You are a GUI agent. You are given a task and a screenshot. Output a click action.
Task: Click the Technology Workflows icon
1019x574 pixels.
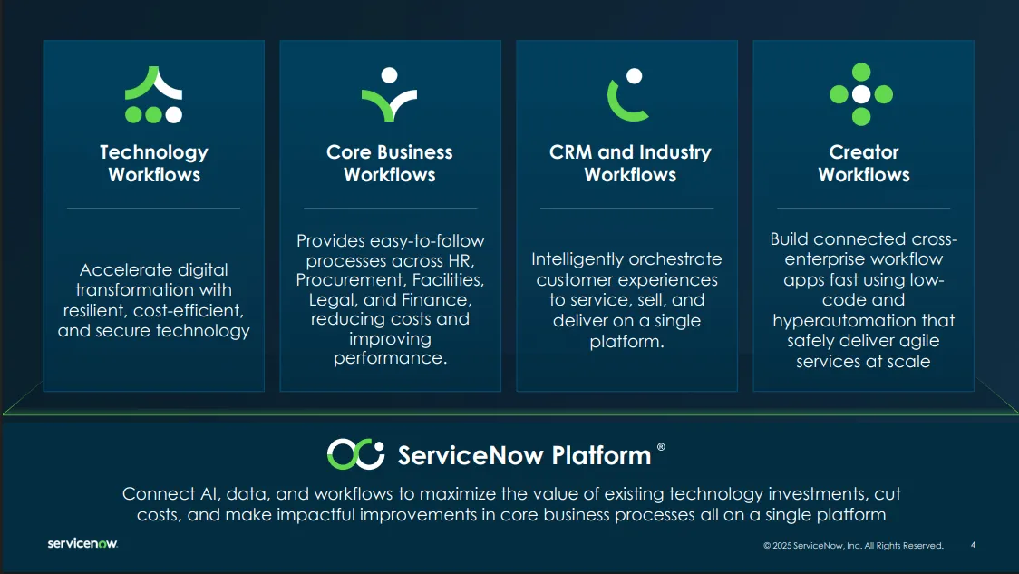tap(153, 94)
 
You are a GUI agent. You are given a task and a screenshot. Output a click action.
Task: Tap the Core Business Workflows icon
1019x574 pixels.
tap(389, 94)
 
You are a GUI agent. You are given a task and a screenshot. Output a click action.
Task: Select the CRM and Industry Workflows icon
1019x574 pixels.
tap(626, 95)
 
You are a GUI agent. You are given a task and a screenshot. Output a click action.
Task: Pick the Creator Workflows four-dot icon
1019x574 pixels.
tap(861, 94)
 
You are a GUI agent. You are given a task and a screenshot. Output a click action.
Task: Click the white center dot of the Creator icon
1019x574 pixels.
tap(861, 94)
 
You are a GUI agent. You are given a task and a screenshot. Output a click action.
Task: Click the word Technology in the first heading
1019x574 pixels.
tap(154, 152)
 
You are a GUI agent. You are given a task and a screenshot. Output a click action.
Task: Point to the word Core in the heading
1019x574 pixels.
tap(348, 152)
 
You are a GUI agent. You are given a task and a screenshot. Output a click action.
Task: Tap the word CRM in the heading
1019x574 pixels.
tap(570, 152)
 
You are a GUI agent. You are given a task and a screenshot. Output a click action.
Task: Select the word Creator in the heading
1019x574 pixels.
tap(864, 152)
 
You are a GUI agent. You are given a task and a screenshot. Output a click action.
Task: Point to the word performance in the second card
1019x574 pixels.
tap(390, 358)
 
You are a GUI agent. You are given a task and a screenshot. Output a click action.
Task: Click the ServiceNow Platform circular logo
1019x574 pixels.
tap(355, 453)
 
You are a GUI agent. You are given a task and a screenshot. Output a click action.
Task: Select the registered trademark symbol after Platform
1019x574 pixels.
tap(661, 446)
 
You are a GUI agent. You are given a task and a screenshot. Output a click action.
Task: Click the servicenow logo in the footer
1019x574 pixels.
tap(82, 543)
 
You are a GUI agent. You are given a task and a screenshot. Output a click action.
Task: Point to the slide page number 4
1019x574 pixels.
tap(973, 545)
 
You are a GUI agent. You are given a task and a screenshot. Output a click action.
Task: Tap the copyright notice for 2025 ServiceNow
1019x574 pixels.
tap(853, 545)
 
